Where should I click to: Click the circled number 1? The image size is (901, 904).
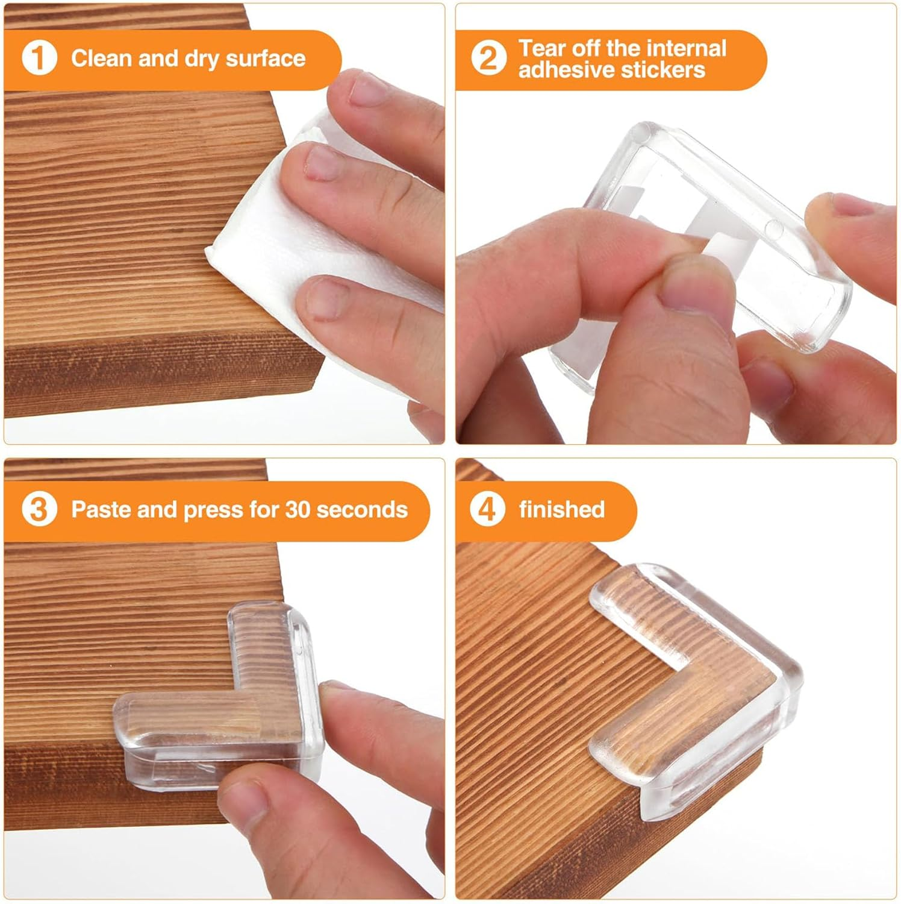click(39, 58)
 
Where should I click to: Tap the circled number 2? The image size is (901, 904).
click(488, 58)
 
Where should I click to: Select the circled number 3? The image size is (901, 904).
click(39, 509)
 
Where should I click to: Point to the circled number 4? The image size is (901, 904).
click(487, 509)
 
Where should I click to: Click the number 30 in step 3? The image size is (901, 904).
click(298, 509)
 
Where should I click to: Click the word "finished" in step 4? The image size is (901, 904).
click(561, 509)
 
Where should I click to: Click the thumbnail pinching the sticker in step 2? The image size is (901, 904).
click(693, 283)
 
